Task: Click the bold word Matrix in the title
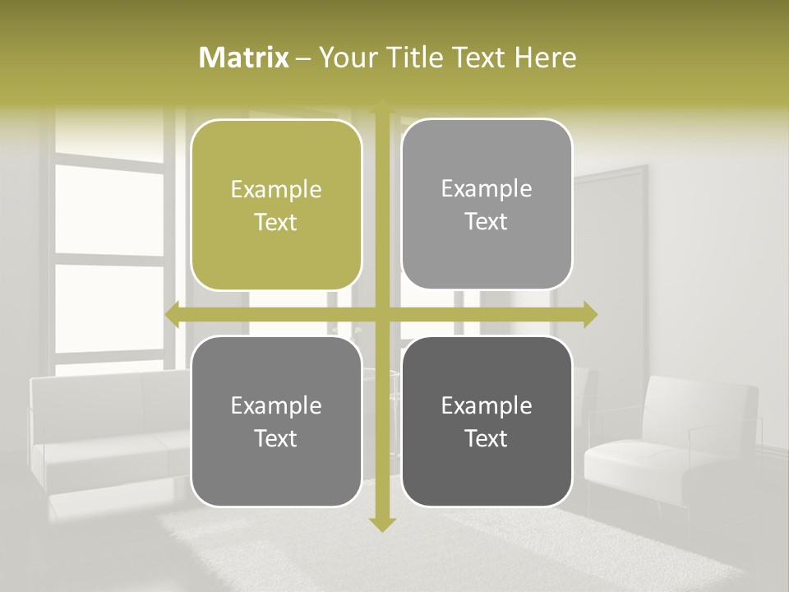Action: (244, 58)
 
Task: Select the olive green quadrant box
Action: (276, 205)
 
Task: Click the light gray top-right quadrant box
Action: (487, 204)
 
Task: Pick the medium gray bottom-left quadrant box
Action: (276, 421)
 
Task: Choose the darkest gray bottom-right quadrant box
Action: (487, 421)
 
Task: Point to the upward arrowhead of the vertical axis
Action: (382, 107)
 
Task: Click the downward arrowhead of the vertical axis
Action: (382, 524)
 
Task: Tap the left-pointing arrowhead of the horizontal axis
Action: (173, 314)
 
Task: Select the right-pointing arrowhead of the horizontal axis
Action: (590, 314)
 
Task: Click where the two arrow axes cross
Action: (382, 314)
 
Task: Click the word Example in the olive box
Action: (276, 189)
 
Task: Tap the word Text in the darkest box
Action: (487, 438)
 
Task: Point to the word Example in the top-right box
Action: (487, 188)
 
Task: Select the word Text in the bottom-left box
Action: (276, 438)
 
